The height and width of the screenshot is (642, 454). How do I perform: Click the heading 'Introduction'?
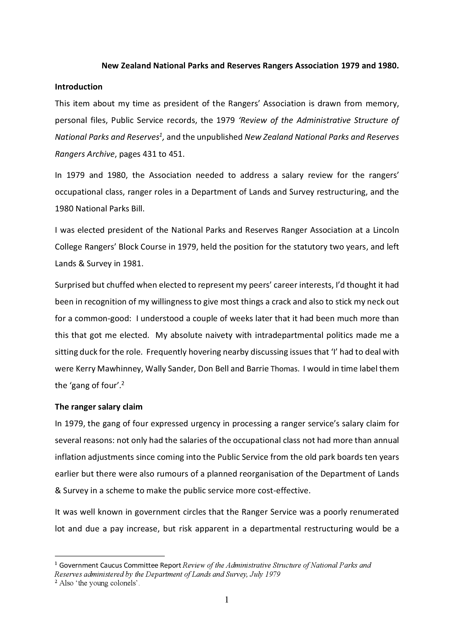point(79,87)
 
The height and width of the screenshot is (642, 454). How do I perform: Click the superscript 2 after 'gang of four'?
point(123,383)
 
